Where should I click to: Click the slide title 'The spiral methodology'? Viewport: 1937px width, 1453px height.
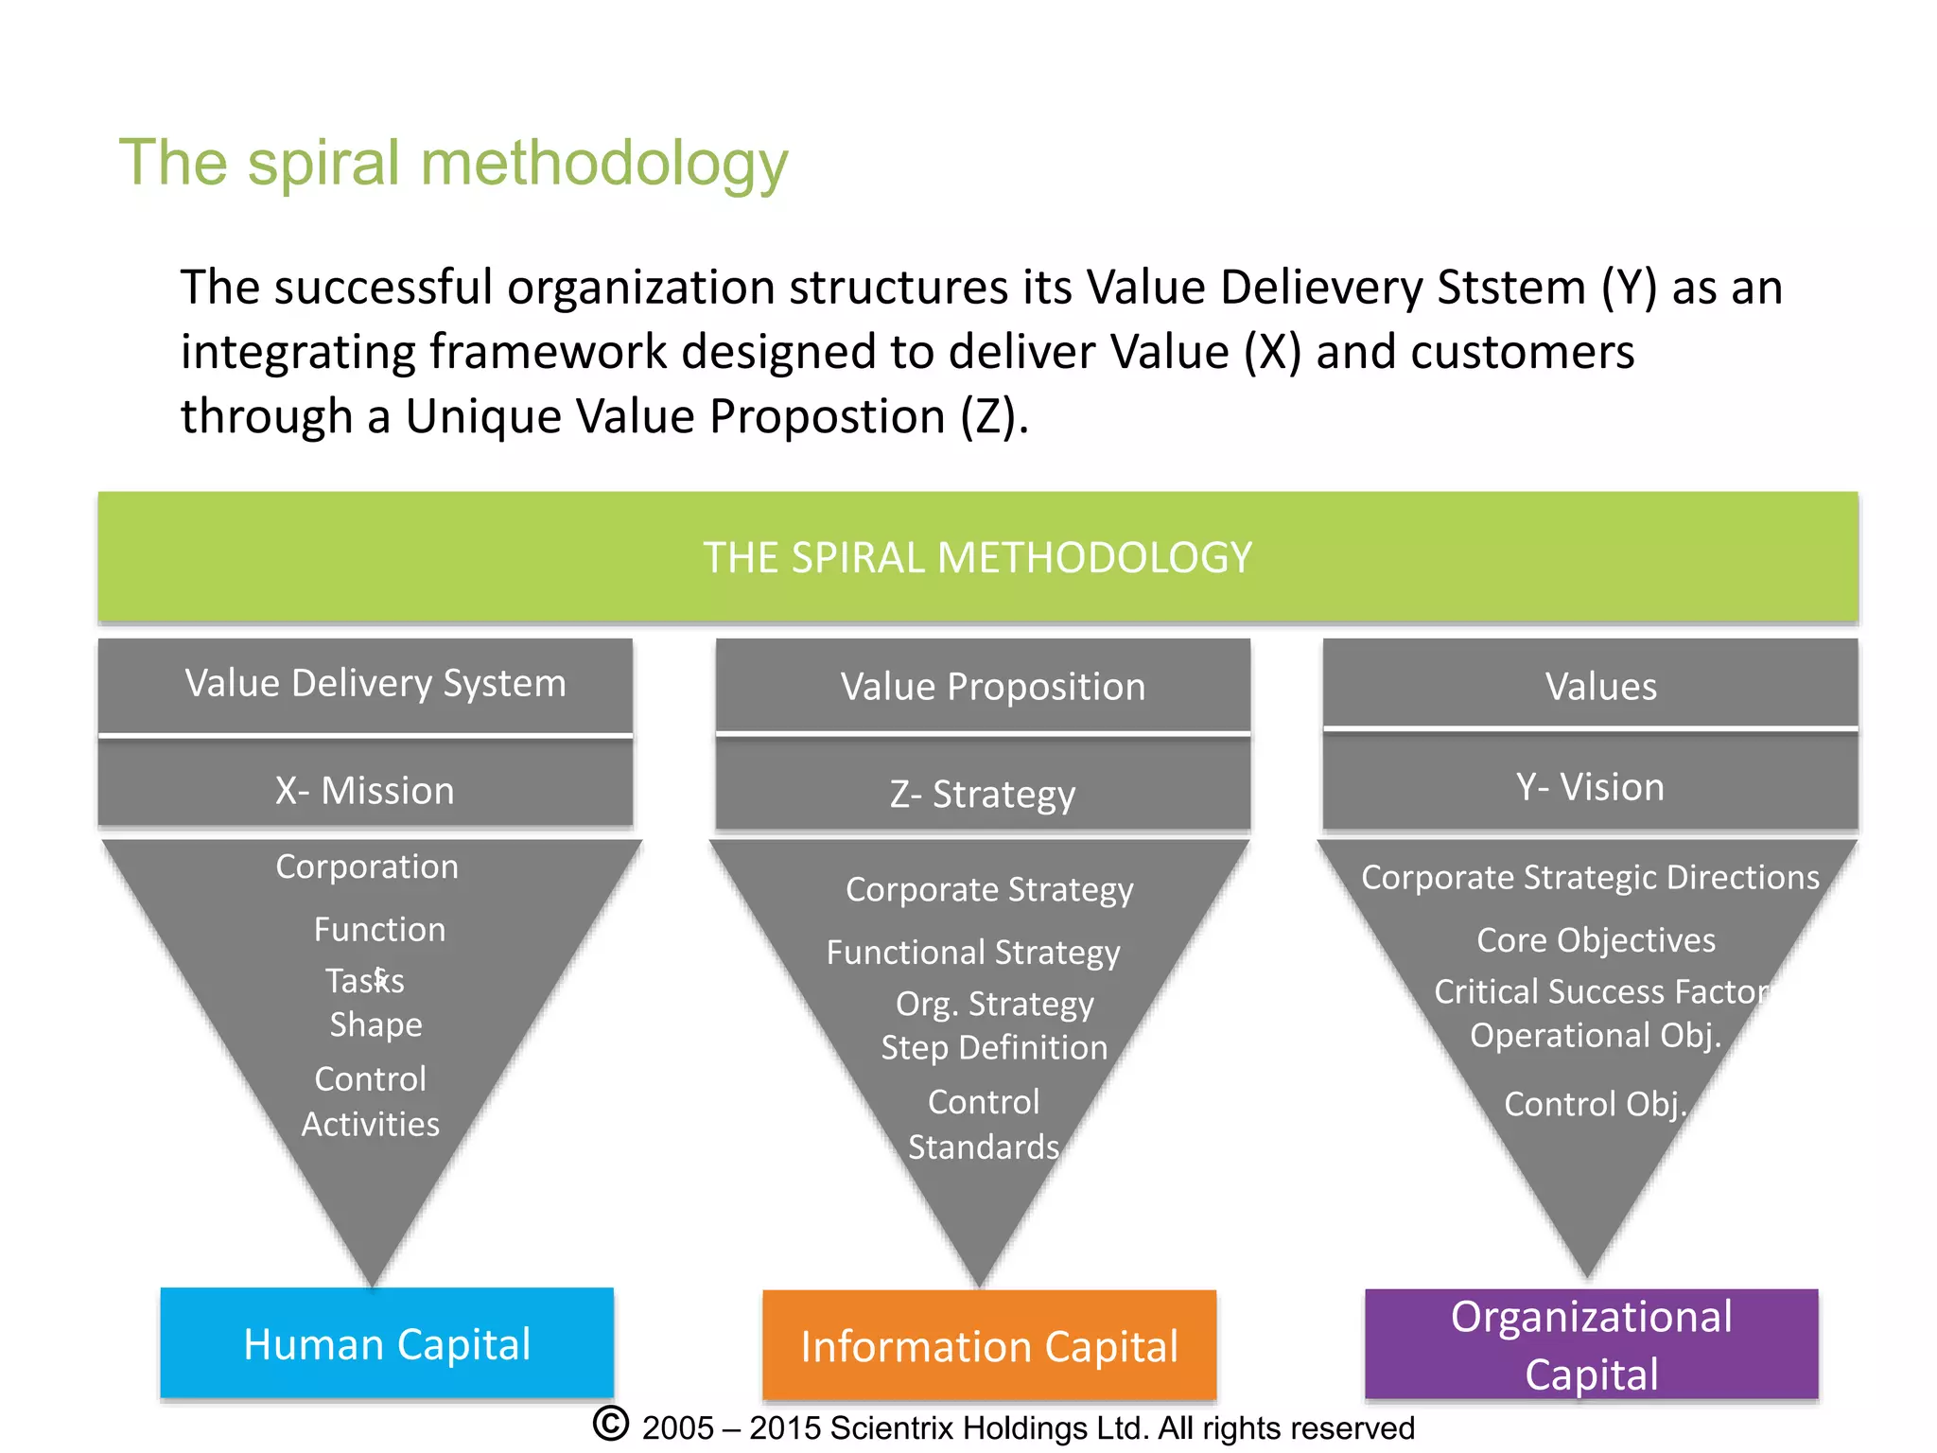click(x=453, y=164)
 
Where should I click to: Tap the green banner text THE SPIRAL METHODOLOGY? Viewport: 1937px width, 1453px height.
click(x=977, y=557)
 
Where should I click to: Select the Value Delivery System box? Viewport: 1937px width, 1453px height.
click(x=375, y=684)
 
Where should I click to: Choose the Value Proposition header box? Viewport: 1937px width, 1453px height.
click(x=992, y=687)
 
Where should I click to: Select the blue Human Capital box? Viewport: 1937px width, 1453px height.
click(x=387, y=1343)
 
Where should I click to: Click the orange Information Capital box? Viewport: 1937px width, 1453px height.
click(x=989, y=1346)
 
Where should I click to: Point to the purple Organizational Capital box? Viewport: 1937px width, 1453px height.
click(x=1591, y=1344)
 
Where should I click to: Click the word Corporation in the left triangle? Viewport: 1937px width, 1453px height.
click(x=367, y=867)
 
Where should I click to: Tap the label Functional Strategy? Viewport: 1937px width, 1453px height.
click(x=973, y=952)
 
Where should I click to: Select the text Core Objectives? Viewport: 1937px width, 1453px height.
click(x=1596, y=940)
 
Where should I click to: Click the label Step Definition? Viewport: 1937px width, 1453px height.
click(x=994, y=1048)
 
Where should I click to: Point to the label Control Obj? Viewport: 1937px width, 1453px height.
click(x=1596, y=1104)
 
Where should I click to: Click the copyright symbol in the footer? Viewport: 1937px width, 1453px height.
click(x=611, y=1425)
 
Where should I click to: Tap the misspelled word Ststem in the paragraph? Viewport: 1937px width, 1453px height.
click(x=1510, y=288)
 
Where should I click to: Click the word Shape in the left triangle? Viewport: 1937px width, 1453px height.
click(x=375, y=1025)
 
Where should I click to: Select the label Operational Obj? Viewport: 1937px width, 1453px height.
click(x=1596, y=1036)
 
